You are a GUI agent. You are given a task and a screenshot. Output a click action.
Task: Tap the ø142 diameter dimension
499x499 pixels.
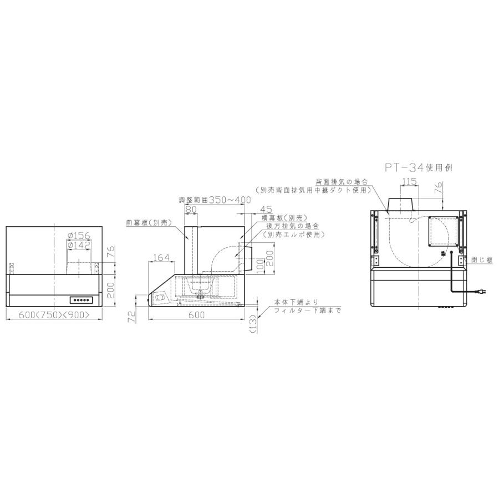79,245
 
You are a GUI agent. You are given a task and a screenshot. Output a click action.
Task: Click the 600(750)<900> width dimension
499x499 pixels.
54,315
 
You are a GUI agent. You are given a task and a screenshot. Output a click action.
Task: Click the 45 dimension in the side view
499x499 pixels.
266,210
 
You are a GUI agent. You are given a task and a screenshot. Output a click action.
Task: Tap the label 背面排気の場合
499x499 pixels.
342,181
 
